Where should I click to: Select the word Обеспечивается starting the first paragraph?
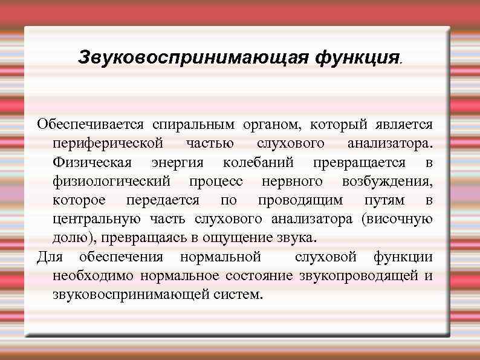click(90, 125)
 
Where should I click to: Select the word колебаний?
click(258, 163)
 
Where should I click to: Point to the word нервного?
click(293, 182)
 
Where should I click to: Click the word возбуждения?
click(387, 182)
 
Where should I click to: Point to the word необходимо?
click(94, 276)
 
